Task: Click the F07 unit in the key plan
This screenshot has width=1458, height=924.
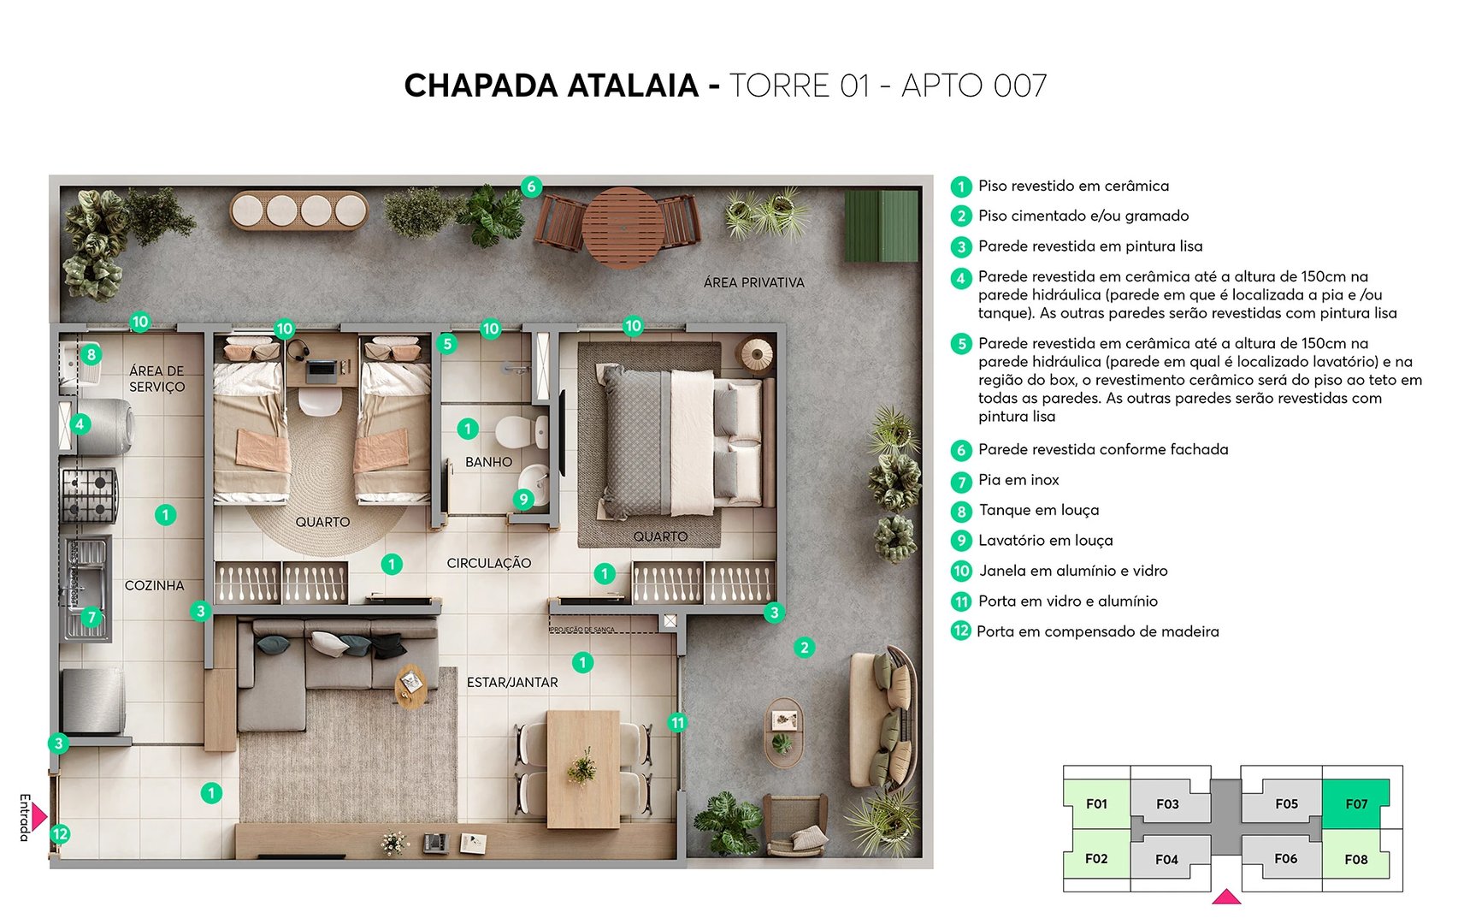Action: (1355, 804)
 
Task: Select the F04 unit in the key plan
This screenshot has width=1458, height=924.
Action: (1166, 859)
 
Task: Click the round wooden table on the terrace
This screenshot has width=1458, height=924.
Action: (623, 228)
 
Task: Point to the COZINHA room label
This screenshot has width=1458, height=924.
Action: (154, 586)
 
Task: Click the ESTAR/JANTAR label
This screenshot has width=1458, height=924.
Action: (512, 683)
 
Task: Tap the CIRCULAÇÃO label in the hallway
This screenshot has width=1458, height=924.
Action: (488, 563)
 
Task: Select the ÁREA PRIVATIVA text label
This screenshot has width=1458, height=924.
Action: (753, 282)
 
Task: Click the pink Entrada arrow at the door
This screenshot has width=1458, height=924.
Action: (38, 817)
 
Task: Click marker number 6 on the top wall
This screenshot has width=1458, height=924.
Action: (531, 187)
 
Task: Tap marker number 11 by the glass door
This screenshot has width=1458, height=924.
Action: (677, 723)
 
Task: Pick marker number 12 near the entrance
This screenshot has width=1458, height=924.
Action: (60, 834)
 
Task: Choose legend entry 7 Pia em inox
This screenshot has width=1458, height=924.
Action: (1018, 480)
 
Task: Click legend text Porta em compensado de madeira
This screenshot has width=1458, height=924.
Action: (1098, 631)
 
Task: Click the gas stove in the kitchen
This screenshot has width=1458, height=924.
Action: (88, 495)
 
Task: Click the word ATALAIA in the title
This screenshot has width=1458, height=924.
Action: (633, 86)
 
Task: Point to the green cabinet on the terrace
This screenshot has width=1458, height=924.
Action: (881, 226)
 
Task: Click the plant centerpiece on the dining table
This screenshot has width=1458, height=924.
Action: (582, 767)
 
